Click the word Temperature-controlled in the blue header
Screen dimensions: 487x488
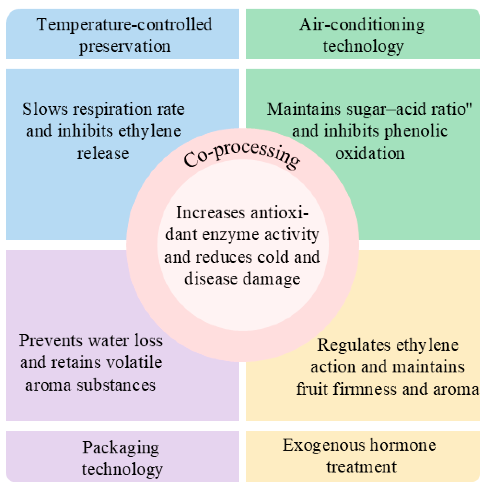(125, 25)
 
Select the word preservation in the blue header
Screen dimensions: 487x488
(125, 47)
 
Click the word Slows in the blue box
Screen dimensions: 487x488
(45, 109)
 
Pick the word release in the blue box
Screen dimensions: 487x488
(103, 153)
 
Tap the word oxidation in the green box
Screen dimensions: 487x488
(370, 153)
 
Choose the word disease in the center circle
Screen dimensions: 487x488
(211, 279)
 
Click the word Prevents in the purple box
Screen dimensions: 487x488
(50, 341)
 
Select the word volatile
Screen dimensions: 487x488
(134, 363)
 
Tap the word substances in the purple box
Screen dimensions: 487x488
(116, 385)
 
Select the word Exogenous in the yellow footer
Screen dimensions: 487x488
(324, 445)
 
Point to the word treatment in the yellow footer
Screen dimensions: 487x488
(361, 467)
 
